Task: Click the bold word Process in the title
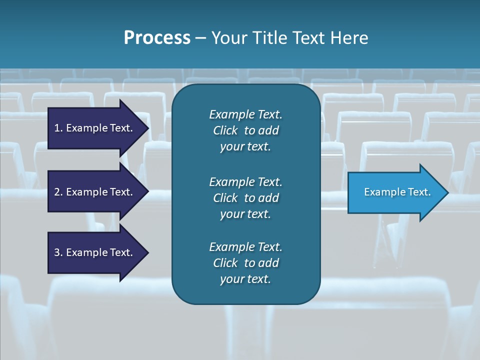click(157, 38)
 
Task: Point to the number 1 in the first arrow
click(57, 128)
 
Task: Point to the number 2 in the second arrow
click(57, 192)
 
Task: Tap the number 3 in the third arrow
click(57, 252)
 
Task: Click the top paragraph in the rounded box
click(245, 130)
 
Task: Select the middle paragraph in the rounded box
click(245, 198)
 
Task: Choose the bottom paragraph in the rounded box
click(245, 263)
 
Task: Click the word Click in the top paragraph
click(225, 130)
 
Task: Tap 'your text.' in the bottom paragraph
click(245, 279)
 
